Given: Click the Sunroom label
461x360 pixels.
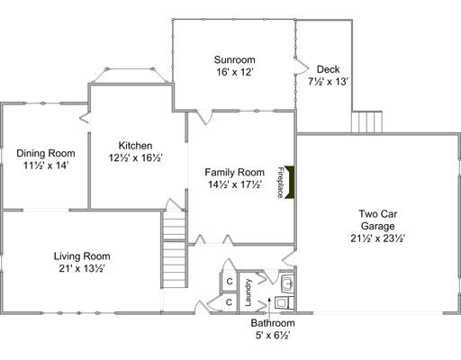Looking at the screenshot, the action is click(234, 59).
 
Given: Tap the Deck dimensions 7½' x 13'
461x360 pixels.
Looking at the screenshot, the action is click(328, 82).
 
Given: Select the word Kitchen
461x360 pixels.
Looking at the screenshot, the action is click(135, 146).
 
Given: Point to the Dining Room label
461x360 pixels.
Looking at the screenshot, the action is click(46, 153).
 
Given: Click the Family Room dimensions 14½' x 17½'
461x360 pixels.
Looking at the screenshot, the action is click(234, 184).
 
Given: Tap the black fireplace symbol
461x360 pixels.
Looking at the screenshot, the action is click(289, 182).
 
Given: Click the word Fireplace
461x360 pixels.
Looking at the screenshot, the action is click(280, 183).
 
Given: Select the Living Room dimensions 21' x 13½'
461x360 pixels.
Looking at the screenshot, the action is click(82, 268).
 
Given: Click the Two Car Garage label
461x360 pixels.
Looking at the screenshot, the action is click(378, 220).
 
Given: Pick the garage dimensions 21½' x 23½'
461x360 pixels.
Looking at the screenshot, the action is click(378, 238).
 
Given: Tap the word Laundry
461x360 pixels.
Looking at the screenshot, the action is click(248, 292).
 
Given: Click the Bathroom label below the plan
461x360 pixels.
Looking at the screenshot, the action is click(273, 323).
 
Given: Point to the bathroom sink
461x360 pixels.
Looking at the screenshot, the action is click(287, 283).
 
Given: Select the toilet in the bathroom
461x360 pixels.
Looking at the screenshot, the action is click(284, 303).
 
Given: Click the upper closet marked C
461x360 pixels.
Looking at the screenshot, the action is click(230, 282).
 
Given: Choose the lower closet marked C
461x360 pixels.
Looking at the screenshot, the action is click(229, 302).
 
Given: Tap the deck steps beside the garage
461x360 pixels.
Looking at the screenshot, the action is click(366, 121).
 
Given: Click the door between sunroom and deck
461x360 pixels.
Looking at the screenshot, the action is click(301, 67).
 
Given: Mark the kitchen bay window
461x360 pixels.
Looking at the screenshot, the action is click(130, 76).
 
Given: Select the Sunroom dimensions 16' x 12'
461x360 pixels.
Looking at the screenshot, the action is click(234, 72).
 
